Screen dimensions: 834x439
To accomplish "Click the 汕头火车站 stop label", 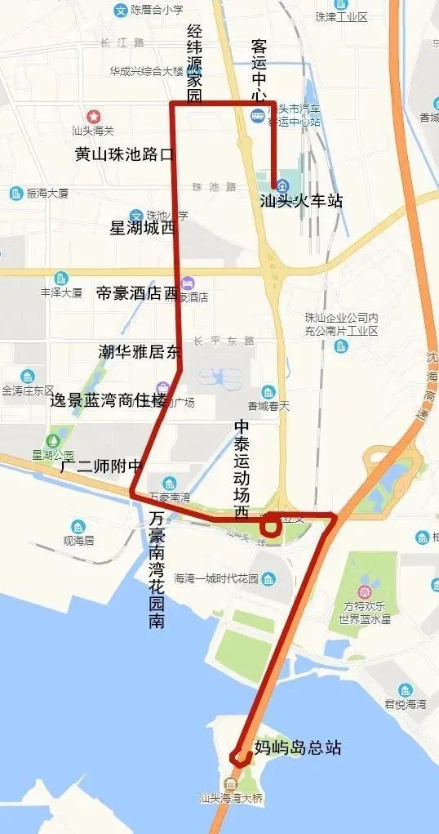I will pos(300,200).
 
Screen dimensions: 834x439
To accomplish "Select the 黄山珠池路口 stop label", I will pos(124,154).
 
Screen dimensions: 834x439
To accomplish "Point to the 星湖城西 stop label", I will pos(142,228).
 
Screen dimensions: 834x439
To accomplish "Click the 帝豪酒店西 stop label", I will pos(136,293).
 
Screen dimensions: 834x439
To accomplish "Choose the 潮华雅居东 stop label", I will pos(138,352).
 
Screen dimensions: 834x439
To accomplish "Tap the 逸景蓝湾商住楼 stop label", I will pos(108,400).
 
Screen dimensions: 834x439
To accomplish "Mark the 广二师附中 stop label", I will pos(101,467).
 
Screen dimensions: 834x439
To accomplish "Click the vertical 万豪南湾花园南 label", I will pos(157,569).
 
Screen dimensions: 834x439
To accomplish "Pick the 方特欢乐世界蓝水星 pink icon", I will pos(365,590).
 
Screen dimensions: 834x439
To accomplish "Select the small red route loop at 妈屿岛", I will pos(240,756).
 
